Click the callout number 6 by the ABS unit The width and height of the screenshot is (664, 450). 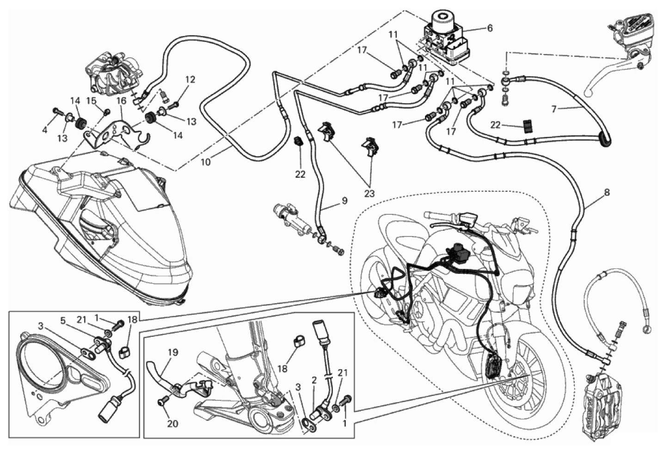pos(490,29)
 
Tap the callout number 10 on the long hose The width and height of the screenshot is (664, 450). pos(206,162)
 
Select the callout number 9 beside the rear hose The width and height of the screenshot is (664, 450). pos(344,201)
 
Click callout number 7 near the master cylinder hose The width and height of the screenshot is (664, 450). pos(553,109)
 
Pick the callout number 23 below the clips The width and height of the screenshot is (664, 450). pos(369,194)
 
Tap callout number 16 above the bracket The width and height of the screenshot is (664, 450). pos(121,101)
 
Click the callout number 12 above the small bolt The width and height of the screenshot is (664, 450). pos(191,79)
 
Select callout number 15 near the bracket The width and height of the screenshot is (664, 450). pos(92,101)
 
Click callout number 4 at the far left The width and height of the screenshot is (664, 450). pos(44,129)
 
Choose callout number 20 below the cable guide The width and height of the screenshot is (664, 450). pos(172,424)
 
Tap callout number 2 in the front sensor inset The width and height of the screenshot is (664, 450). pos(314,379)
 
